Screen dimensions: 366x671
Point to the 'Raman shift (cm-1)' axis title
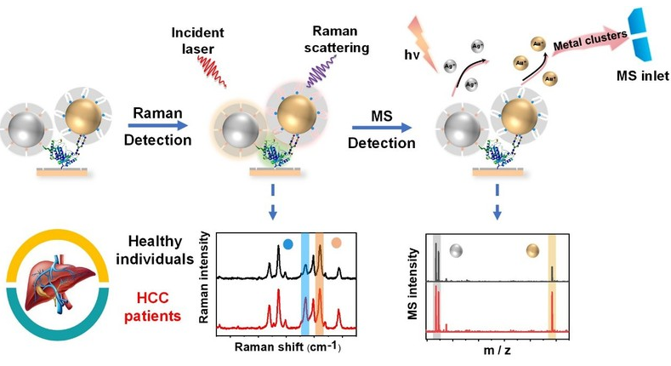tap(287, 350)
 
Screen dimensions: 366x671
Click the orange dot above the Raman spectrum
tap(336, 243)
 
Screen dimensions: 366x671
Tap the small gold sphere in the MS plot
tap(533, 252)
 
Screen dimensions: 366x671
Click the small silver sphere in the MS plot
tap(458, 252)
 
